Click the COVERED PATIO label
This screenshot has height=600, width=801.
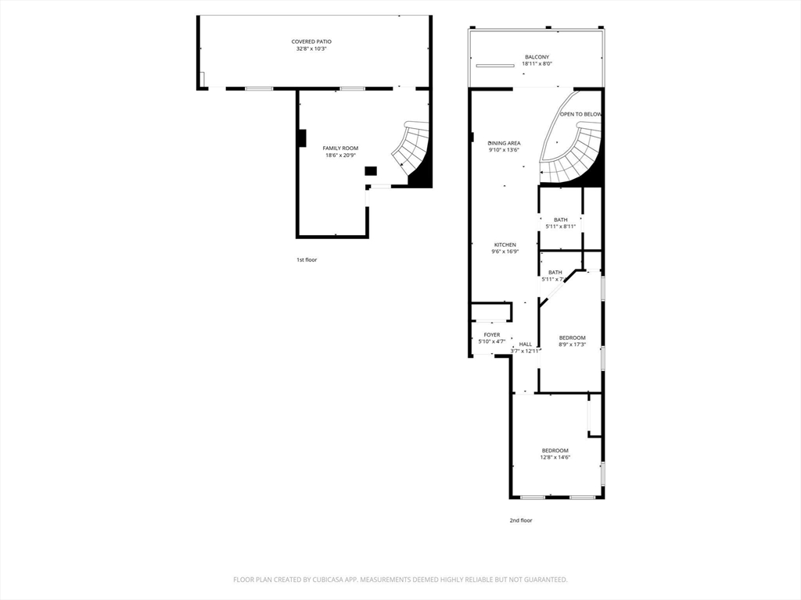click(311, 42)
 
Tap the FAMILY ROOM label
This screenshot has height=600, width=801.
click(340, 148)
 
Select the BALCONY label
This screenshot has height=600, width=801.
click(537, 57)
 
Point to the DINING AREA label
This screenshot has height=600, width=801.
click(505, 144)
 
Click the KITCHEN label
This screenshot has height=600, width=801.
click(505, 245)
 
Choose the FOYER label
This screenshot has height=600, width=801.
click(492, 335)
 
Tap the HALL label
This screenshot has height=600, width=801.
click(525, 345)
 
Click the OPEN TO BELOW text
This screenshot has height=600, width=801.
click(581, 114)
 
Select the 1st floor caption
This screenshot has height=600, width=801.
click(307, 259)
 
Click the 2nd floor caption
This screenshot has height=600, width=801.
click(520, 520)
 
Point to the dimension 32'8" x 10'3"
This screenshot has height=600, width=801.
click(311, 49)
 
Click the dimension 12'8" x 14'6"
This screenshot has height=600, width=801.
click(555, 458)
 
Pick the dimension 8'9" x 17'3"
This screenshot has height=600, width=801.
click(572, 345)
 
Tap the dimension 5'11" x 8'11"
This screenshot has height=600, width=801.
click(560, 227)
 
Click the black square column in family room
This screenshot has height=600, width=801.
click(370, 171)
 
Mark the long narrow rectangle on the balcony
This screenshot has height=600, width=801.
click(495, 66)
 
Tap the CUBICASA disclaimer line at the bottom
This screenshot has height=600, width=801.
click(400, 580)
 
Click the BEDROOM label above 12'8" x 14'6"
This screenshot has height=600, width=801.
click(555, 451)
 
